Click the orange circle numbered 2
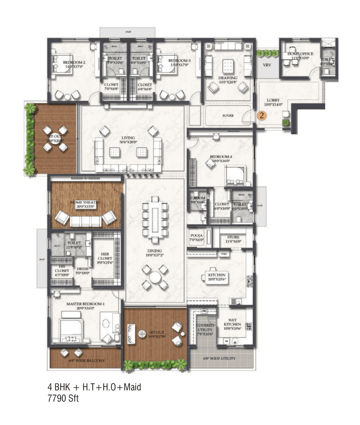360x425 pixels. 262,115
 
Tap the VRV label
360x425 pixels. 267,65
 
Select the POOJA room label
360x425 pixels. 197,236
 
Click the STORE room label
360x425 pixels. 233,237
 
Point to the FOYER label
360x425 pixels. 228,116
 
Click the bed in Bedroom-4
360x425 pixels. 236,176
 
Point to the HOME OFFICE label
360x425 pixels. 300,54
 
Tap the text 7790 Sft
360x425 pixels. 63,398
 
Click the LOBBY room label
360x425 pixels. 273,100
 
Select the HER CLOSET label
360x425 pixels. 105,256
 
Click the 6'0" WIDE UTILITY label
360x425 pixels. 219,358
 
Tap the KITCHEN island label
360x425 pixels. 217,275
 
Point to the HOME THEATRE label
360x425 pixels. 85,202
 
